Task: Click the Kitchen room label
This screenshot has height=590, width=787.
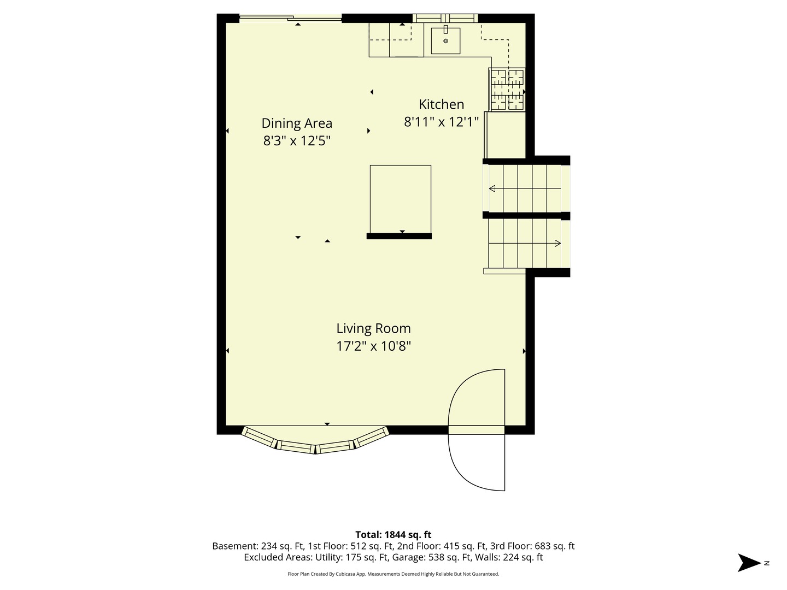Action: pos(441,104)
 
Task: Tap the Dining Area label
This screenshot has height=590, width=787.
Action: pos(297,123)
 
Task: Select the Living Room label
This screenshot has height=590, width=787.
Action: pos(373,328)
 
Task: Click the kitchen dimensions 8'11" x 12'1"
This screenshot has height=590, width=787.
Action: pos(441,122)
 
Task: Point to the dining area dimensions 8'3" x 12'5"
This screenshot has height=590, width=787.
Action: pos(297,141)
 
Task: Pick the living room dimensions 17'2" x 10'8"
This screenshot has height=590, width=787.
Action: pos(373,346)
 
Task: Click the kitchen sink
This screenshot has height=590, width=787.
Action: pos(445,40)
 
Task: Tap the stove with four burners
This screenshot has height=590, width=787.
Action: pos(507,90)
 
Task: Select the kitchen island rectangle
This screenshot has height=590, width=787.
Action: pos(400,199)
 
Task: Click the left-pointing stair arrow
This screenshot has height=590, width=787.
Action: pos(525,188)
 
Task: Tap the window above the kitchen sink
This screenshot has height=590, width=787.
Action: pos(445,18)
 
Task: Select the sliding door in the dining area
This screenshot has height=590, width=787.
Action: pos(290,18)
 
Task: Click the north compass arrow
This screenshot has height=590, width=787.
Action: pos(749,563)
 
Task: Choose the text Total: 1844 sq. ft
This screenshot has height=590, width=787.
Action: pos(393,535)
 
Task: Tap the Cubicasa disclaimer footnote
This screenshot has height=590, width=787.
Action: pos(393,574)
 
